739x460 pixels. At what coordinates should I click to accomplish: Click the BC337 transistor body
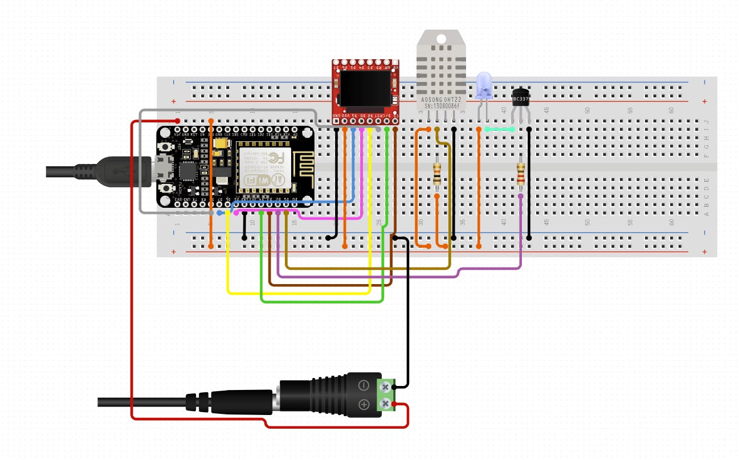click(x=520, y=98)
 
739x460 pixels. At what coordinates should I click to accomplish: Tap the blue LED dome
click(x=483, y=84)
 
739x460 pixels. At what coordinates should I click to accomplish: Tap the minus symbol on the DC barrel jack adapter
click(x=363, y=385)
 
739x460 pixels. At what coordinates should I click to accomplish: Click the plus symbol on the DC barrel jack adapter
click(x=363, y=405)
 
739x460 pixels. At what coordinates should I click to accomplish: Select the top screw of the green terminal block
click(x=386, y=387)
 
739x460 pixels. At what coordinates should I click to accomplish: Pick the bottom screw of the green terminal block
click(x=386, y=404)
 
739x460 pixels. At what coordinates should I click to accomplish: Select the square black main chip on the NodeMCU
click(x=187, y=170)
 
